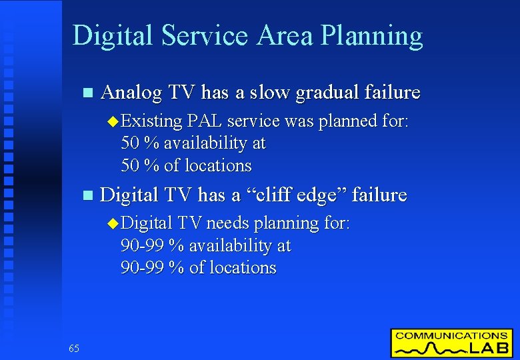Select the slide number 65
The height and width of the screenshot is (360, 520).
click(73, 348)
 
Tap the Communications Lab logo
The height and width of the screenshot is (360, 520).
click(451, 343)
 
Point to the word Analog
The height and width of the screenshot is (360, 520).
click(131, 92)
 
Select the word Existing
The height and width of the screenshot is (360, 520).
click(152, 121)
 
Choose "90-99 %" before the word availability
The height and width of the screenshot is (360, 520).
click(152, 245)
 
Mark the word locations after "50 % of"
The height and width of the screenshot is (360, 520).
click(218, 165)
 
